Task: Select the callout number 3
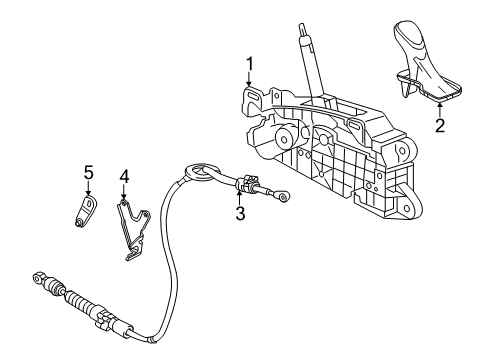tap(239, 213)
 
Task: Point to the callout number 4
tap(124, 177)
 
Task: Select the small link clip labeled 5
tap(87, 211)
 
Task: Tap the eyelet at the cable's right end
tap(286, 198)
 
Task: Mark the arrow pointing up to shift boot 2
tap(438, 109)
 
